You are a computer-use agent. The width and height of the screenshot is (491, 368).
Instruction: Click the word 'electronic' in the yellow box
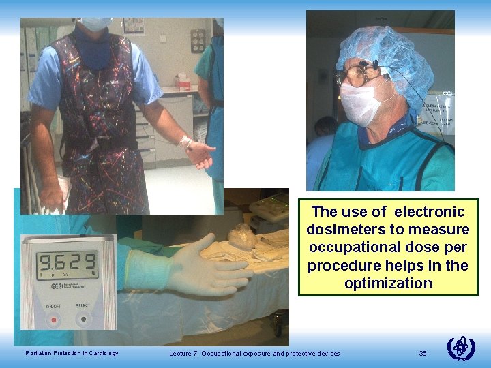click(428, 212)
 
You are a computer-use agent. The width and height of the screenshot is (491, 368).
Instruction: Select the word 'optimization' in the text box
click(388, 283)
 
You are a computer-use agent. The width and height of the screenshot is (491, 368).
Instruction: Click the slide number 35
click(423, 353)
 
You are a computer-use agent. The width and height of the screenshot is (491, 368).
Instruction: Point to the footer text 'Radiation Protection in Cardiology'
click(72, 353)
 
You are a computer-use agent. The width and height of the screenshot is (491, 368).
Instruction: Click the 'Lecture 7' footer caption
click(254, 353)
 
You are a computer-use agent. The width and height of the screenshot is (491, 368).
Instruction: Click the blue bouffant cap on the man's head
click(389, 55)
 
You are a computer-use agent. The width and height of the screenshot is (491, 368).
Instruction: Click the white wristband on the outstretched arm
click(185, 142)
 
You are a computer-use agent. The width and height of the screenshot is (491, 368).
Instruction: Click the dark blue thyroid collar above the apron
click(92, 44)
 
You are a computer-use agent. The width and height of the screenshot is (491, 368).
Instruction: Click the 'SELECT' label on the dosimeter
click(83, 305)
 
